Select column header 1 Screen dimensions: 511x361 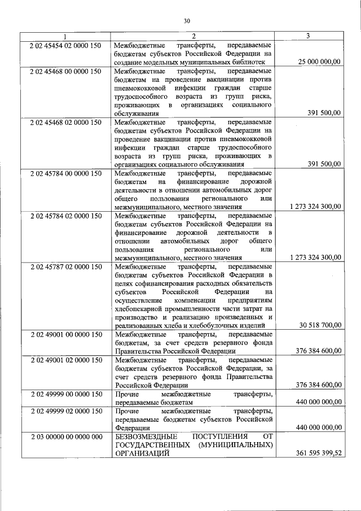click(x=64, y=36)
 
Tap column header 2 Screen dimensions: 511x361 click(x=192, y=36)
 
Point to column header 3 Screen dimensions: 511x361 click(x=307, y=36)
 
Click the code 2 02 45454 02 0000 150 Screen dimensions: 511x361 click(x=65, y=45)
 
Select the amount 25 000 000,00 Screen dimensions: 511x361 click(x=316, y=61)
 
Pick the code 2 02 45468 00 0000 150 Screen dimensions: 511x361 click(x=65, y=71)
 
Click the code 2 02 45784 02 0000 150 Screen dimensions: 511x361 click(x=65, y=216)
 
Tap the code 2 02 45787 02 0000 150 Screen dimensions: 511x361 click(x=65, y=266)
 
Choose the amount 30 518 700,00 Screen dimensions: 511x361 click(x=319, y=325)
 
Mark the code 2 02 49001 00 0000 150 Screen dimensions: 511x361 click(x=65, y=335)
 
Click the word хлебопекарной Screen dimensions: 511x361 click(x=138, y=308)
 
